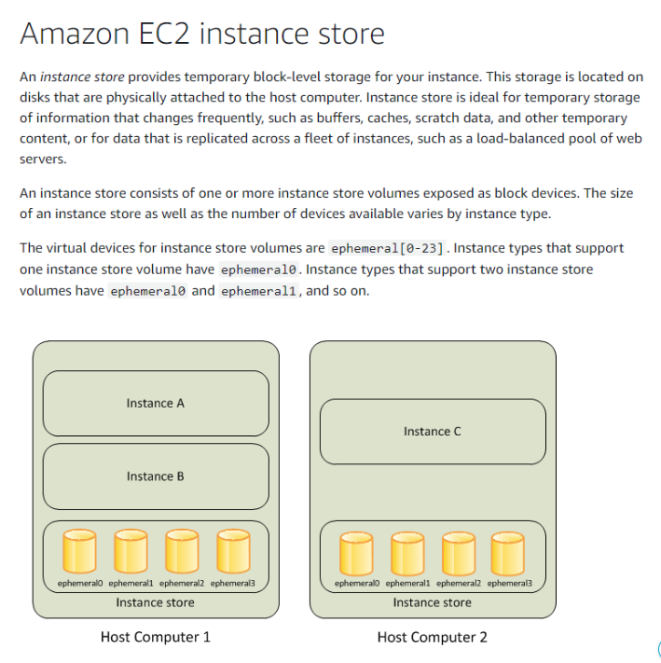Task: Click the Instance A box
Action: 156,404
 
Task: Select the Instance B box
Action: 156,477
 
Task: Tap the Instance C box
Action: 433,432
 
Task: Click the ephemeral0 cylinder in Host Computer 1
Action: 78,553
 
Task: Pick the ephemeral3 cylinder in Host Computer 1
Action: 232,553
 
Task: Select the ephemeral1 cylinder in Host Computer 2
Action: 406,554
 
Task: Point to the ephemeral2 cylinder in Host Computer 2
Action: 458,554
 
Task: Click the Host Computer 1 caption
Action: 156,637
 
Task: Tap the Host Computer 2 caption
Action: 432,637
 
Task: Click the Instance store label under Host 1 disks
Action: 156,602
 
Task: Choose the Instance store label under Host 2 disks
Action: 432,602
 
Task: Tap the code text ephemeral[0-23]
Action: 388,248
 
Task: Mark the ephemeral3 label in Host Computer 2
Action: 509,584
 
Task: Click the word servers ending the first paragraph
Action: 42,159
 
